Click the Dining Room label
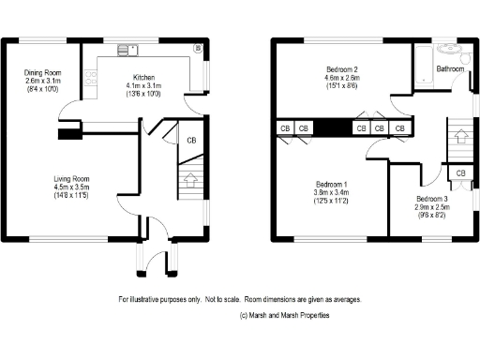pos(43,71)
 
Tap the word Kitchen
pos(143,77)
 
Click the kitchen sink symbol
pos(127,49)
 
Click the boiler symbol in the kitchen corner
pos(198,47)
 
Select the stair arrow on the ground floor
pos(190,177)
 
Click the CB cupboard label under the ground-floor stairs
pos(191,141)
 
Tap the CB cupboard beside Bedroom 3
pos(460,173)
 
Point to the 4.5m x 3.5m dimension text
pos(70,187)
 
